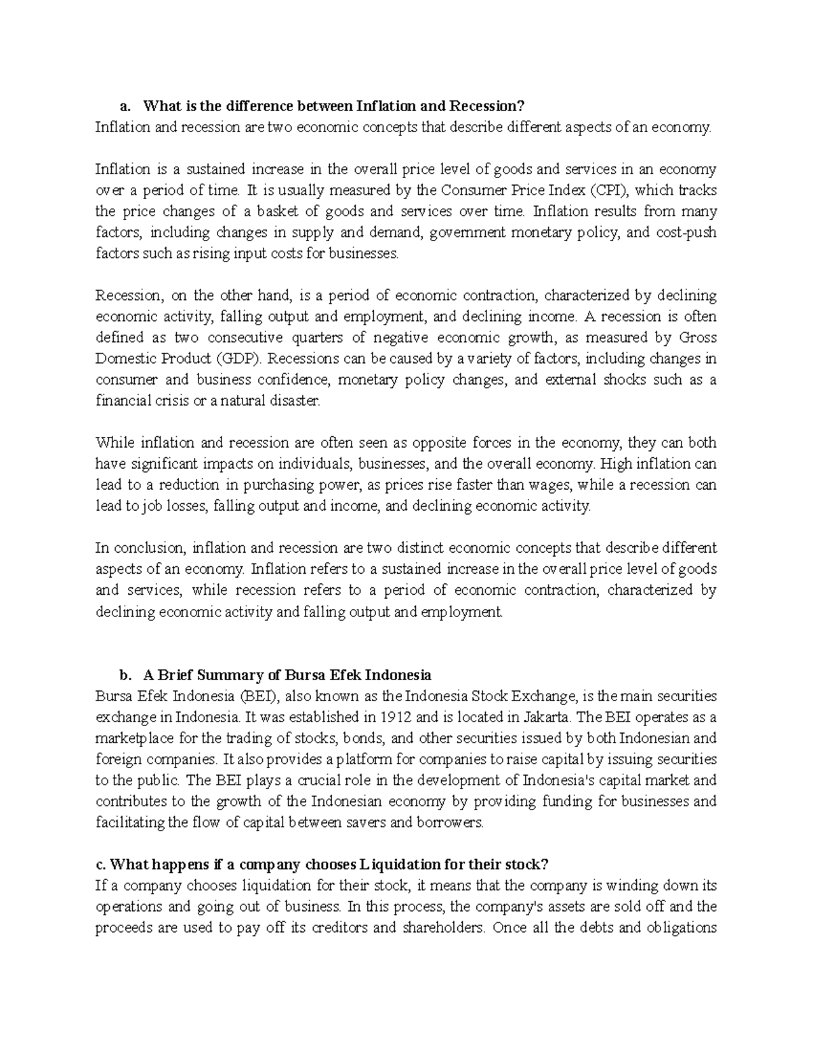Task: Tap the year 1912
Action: (396, 717)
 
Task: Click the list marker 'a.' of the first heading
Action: (124, 106)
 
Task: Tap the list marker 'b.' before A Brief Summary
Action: (124, 675)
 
